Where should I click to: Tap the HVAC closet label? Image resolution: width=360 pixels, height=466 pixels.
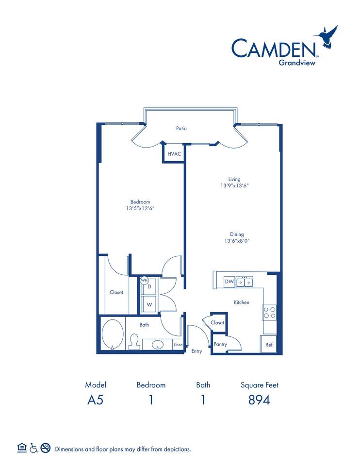(174, 154)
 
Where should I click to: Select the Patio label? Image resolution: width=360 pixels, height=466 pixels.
(181, 129)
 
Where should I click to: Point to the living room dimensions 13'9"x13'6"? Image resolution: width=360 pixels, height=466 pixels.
(235, 185)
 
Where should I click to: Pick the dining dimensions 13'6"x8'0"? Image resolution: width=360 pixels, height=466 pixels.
(237, 241)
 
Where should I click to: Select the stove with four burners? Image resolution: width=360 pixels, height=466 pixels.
(269, 312)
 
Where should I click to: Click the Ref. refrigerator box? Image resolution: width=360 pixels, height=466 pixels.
(269, 344)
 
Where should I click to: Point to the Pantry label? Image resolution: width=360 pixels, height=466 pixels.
(220, 344)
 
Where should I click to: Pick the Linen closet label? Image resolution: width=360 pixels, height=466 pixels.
(179, 345)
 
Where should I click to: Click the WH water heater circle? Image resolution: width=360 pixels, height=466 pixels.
(144, 280)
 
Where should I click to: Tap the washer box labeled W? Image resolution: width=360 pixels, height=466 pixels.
(149, 304)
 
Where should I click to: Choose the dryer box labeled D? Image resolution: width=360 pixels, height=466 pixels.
(149, 287)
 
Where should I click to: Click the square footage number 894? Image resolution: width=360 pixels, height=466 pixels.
(260, 400)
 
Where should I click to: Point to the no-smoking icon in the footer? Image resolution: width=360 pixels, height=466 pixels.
(46, 448)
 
